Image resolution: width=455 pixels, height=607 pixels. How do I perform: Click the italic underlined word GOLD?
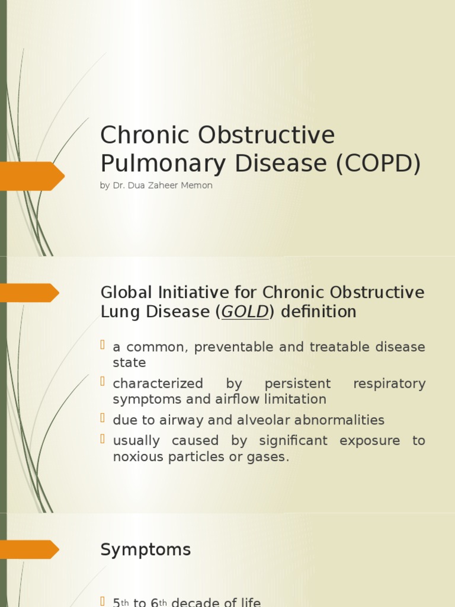point(245,312)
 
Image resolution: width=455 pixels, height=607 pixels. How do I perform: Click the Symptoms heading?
point(146,550)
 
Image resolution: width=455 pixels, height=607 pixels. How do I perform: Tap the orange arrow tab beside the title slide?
point(33,176)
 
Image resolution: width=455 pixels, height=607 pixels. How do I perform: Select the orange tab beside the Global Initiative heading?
point(30,293)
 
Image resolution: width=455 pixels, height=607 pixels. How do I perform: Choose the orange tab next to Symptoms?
point(30,550)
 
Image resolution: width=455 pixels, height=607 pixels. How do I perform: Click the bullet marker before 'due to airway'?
point(104,420)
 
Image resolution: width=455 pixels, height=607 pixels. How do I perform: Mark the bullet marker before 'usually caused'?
point(104,440)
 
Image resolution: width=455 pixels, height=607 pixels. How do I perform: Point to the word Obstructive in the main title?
point(267,135)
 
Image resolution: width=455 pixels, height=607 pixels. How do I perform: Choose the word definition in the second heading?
point(319,312)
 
